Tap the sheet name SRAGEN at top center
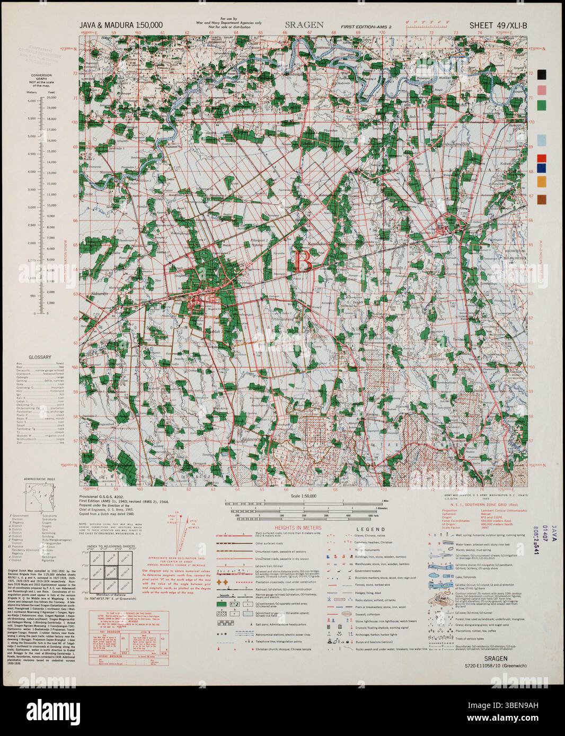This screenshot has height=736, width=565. [x=304, y=24]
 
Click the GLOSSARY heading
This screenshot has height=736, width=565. [x=40, y=357]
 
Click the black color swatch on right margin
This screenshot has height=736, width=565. [x=541, y=74]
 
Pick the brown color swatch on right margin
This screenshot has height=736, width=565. [x=541, y=199]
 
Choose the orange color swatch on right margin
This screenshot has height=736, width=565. [x=541, y=181]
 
